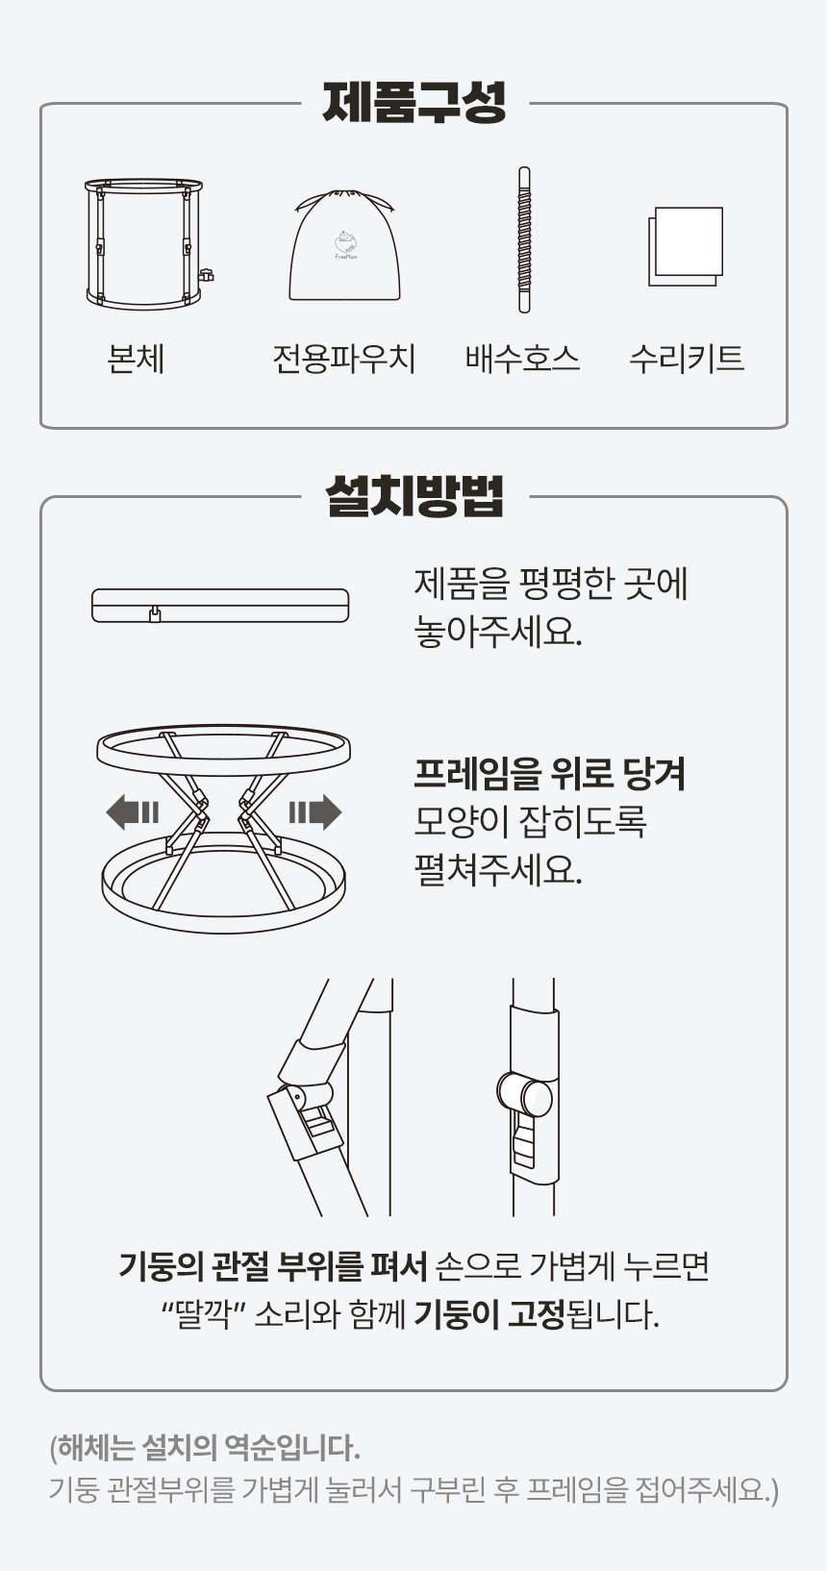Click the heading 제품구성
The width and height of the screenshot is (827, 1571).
coord(413,103)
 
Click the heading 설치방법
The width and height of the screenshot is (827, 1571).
coord(413,496)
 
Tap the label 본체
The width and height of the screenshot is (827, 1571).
coord(137,359)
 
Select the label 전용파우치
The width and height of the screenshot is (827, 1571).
coord(343,359)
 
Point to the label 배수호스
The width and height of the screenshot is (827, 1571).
coord(522,359)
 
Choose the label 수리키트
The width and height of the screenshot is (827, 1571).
coord(687,359)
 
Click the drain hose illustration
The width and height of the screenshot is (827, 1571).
coord(524,239)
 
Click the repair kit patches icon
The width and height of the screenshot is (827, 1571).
coord(686,246)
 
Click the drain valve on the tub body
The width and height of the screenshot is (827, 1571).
coord(207,276)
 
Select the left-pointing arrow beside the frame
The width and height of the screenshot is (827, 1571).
coord(133,812)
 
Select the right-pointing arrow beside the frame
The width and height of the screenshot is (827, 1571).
coord(315,812)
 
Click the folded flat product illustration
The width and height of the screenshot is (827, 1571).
coord(220,606)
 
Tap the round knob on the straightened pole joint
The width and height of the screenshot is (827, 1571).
coord(525,1093)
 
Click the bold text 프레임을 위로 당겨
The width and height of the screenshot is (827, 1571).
coord(549,774)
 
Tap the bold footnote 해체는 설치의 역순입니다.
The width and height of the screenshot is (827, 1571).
coord(205,1447)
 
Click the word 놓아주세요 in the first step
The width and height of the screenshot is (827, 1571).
coord(498,632)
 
